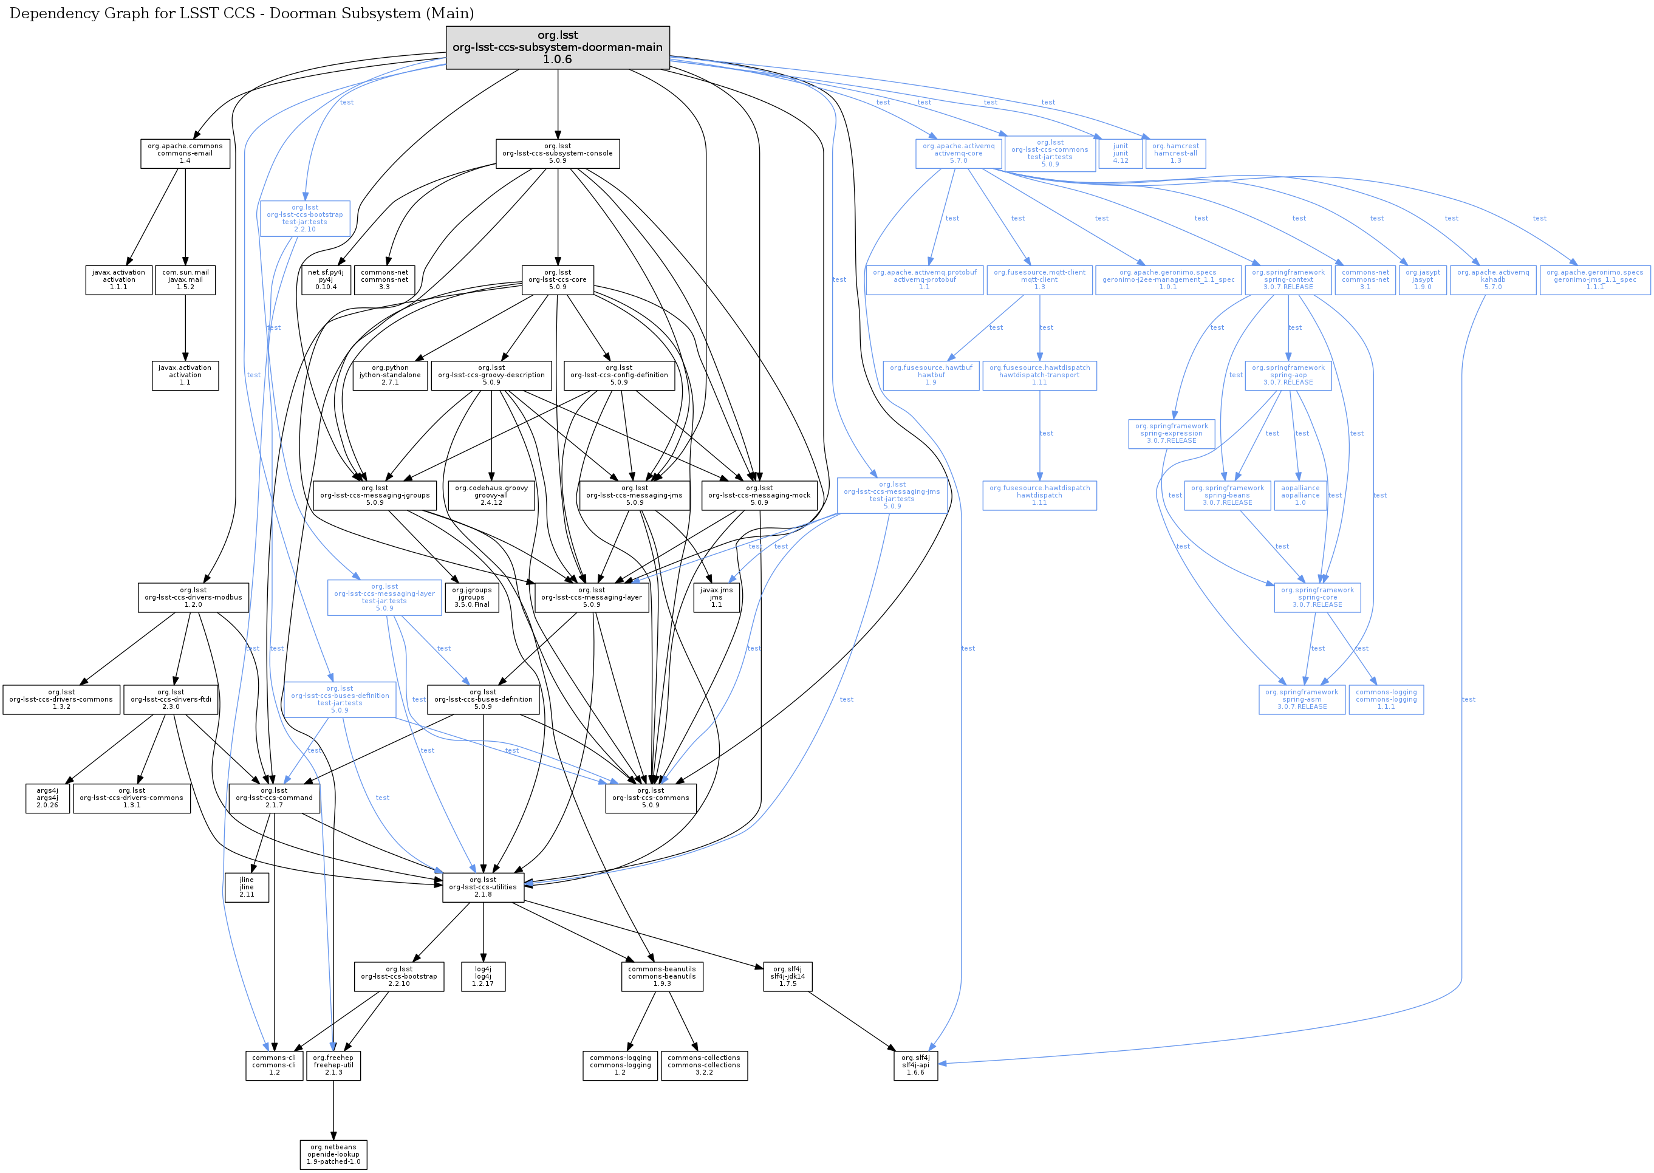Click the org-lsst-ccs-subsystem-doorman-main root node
(557, 47)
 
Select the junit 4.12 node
(1119, 153)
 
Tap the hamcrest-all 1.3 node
(1175, 153)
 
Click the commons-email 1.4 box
(185, 153)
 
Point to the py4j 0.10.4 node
(326, 279)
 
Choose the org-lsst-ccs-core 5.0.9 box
(557, 279)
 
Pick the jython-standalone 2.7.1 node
(390, 375)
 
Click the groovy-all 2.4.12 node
(491, 496)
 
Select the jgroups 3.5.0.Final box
(471, 597)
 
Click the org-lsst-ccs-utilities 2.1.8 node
(483, 887)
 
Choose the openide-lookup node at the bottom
(333, 1154)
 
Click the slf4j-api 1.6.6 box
(915, 1065)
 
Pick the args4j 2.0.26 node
(47, 798)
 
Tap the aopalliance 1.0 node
(1300, 496)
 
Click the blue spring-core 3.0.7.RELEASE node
(1317, 597)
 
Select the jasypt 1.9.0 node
(1422, 279)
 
